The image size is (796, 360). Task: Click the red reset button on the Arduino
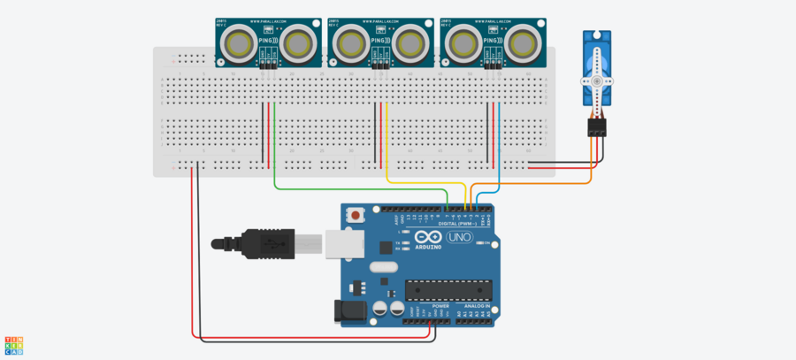tap(356, 215)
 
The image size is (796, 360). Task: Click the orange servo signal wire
tap(531, 183)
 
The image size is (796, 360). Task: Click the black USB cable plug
tap(265, 243)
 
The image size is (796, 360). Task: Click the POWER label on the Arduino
tap(417, 306)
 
